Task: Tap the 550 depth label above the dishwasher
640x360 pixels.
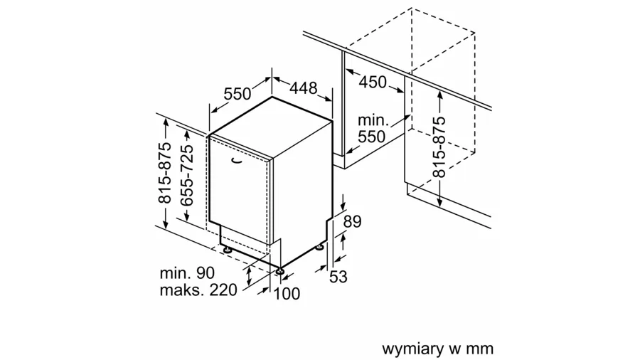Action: click(238, 93)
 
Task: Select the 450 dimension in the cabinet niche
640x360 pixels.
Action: click(373, 82)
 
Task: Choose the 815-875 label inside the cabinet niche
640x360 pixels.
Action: click(439, 146)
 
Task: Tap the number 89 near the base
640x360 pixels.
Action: click(352, 221)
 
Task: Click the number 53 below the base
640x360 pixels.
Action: click(338, 277)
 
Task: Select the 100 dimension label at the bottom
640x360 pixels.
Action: click(287, 293)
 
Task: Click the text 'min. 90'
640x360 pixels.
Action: click(187, 272)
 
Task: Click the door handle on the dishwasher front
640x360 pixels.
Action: click(236, 162)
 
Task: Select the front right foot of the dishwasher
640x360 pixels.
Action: click(281, 271)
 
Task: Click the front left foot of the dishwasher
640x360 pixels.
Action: click(226, 250)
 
